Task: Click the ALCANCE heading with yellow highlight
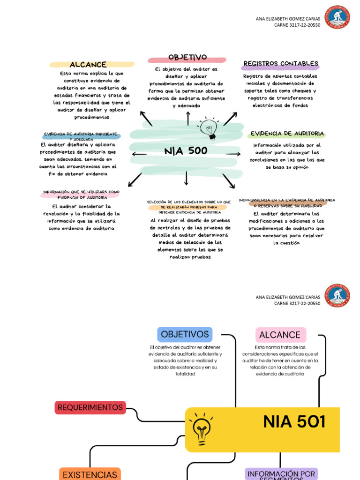[88, 65]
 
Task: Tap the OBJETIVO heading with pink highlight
[187, 58]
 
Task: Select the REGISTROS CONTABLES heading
[281, 64]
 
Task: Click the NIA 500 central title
[186, 151]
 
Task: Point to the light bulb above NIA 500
[209, 128]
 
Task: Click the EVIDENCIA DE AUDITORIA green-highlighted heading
[287, 134]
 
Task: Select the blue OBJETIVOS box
[185, 334]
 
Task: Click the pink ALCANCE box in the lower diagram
[280, 335]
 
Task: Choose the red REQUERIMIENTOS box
[90, 407]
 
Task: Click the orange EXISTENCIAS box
[90, 474]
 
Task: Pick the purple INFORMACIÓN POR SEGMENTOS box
[281, 474]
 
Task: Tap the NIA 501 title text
[294, 422]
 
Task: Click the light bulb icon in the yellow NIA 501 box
[202, 428]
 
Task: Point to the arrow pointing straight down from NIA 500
[187, 178]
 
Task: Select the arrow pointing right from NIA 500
[233, 154]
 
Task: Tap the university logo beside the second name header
[337, 295]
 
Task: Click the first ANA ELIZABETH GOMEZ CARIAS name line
[288, 19]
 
